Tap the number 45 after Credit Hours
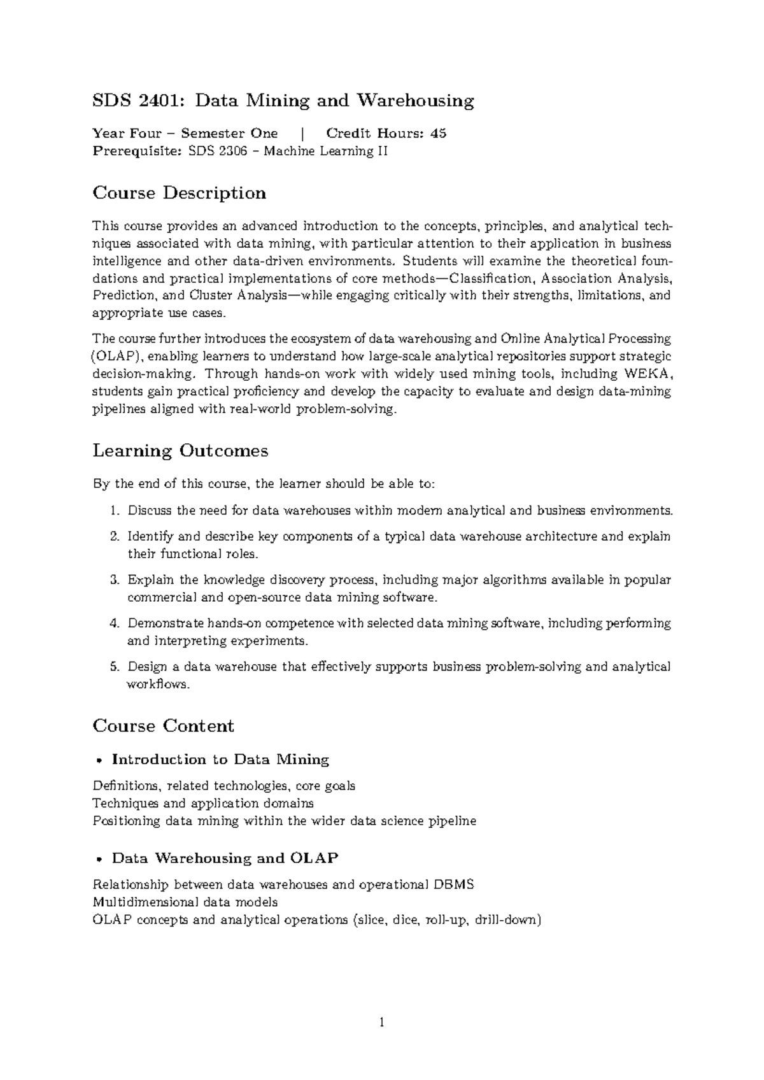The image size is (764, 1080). click(x=438, y=133)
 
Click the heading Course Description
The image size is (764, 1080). click(x=179, y=192)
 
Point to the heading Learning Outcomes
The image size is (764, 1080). click(x=180, y=451)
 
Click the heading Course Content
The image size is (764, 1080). click(x=163, y=726)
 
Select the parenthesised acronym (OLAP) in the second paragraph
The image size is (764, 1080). click(x=116, y=356)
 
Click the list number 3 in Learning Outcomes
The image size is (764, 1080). click(x=114, y=580)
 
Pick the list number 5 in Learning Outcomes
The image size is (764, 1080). click(x=114, y=667)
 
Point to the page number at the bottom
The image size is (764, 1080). click(x=382, y=1023)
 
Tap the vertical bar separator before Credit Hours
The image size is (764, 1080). click(x=302, y=133)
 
